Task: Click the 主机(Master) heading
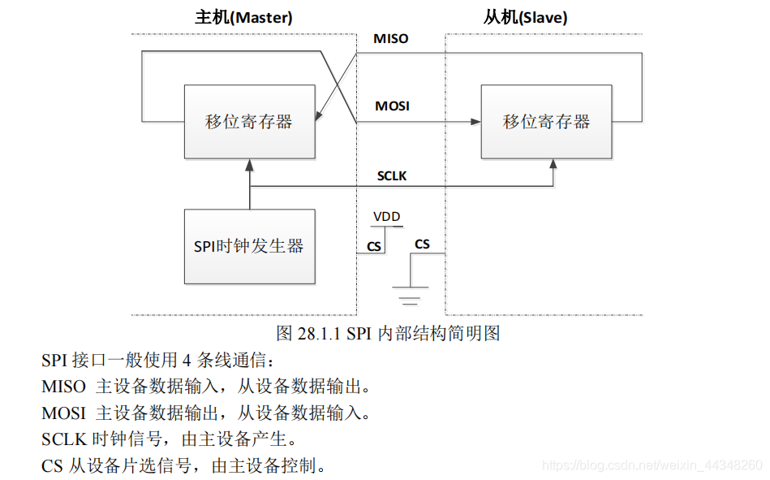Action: click(243, 17)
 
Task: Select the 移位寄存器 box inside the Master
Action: click(249, 122)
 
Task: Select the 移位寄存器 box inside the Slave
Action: click(546, 122)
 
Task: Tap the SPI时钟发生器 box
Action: click(249, 246)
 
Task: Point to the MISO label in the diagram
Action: click(390, 39)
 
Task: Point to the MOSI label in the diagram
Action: click(392, 106)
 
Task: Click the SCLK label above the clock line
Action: click(392, 175)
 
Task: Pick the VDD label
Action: click(385, 217)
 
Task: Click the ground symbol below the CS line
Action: click(411, 294)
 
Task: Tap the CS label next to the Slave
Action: click(422, 244)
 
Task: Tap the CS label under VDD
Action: click(373, 245)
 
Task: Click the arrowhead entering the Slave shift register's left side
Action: click(475, 123)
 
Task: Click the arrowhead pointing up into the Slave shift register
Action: click(553, 164)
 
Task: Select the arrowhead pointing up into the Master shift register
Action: click(250, 164)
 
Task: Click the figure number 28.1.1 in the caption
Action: click(320, 333)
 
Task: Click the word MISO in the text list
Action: click(63, 387)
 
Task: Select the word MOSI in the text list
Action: click(63, 413)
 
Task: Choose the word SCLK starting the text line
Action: click(64, 439)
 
